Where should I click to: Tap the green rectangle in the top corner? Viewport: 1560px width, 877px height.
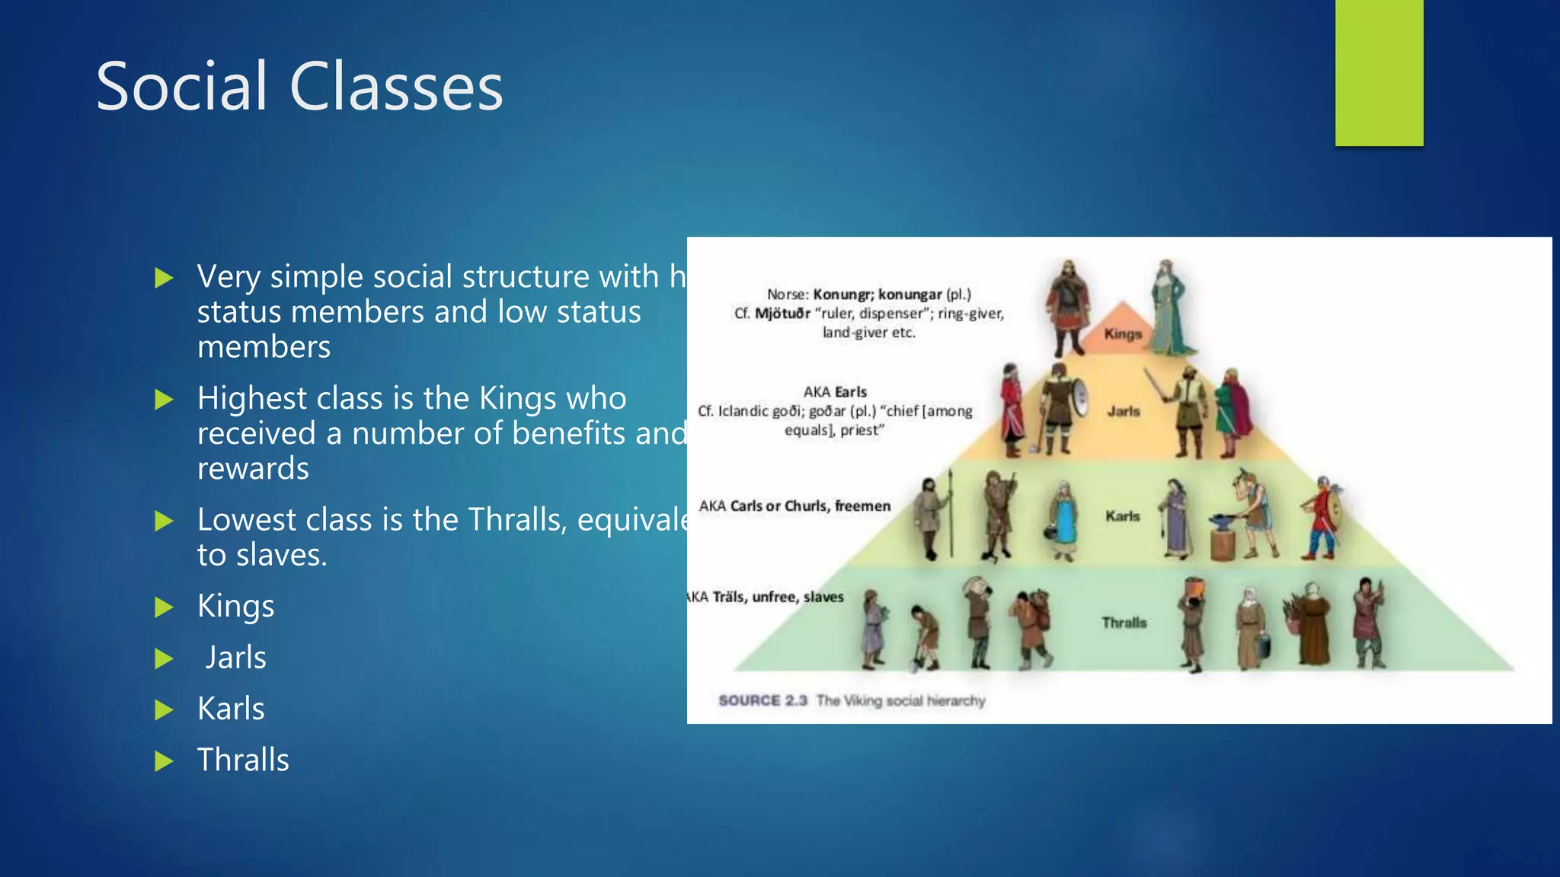tap(1379, 72)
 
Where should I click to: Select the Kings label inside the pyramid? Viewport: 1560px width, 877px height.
tap(1123, 333)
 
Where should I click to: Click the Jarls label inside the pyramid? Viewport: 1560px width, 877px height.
tap(1124, 411)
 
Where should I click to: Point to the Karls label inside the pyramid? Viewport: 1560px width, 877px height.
tap(1123, 516)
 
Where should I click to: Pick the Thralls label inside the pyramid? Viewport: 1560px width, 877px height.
tap(1124, 623)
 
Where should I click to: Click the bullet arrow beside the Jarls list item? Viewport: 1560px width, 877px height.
tap(164, 659)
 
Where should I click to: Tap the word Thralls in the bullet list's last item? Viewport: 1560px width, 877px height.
tap(243, 760)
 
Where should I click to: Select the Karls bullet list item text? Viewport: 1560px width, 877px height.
tap(231, 709)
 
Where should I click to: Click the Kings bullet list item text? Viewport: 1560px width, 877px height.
tap(235, 606)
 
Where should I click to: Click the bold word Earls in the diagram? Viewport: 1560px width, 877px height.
tap(851, 392)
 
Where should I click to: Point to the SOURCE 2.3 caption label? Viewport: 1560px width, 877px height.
tap(762, 700)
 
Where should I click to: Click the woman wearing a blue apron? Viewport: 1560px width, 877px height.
tap(1064, 521)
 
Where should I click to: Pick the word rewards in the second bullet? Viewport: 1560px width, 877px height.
tap(253, 468)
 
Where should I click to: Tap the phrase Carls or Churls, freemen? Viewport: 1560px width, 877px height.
tap(810, 506)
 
